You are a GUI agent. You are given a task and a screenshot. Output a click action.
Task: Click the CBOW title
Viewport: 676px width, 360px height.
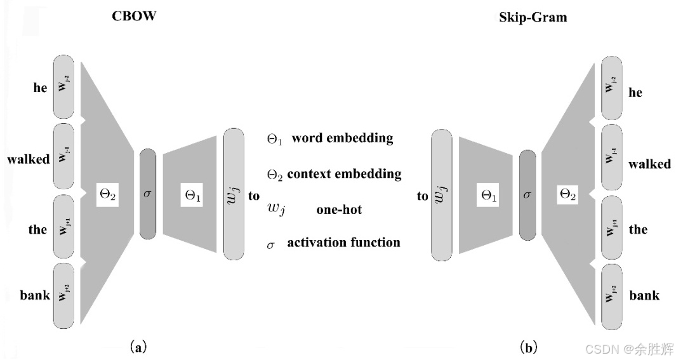(x=134, y=17)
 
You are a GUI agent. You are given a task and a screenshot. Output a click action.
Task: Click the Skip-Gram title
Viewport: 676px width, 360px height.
(x=533, y=18)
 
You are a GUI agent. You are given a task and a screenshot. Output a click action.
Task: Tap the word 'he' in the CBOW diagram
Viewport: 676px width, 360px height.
(x=40, y=88)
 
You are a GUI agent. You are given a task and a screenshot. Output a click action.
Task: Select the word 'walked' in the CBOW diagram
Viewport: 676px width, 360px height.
(x=29, y=159)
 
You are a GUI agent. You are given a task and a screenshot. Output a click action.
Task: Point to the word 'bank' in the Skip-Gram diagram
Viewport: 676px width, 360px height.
(x=644, y=295)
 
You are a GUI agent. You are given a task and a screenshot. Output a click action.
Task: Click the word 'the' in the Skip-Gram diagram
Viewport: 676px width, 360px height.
(x=638, y=229)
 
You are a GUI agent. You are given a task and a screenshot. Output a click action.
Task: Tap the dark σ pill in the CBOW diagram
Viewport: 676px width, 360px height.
(x=147, y=194)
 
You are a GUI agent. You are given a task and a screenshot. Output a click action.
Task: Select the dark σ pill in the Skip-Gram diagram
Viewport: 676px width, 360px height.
(x=527, y=196)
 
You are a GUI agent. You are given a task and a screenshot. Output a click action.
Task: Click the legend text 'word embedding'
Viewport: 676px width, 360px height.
(x=342, y=138)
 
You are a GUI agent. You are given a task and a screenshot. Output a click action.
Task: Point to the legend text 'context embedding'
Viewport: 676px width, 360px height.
(x=344, y=173)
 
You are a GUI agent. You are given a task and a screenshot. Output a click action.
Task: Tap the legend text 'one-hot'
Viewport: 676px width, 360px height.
(x=339, y=210)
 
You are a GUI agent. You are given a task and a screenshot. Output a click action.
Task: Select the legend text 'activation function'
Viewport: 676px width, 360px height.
(x=343, y=243)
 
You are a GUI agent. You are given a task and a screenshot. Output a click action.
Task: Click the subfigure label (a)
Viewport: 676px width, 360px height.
(x=138, y=347)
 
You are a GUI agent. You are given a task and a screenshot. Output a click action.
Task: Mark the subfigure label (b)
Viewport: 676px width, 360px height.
(x=529, y=347)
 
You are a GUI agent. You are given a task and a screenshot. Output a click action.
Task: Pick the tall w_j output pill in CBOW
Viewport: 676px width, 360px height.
(x=234, y=194)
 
